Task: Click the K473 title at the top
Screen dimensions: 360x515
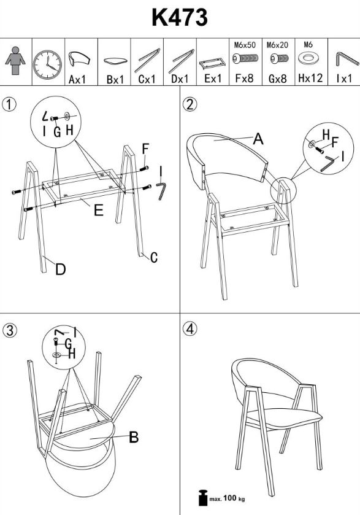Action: [x=180, y=17]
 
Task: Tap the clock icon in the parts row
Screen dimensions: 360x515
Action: [x=47, y=64]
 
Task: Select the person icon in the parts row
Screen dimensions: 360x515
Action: [x=15, y=61]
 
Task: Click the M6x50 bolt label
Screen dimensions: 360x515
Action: [x=245, y=45]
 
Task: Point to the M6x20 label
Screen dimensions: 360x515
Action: [x=277, y=45]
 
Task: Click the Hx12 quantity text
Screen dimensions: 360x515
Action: [x=310, y=78]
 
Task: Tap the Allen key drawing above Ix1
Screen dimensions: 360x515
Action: [x=347, y=59]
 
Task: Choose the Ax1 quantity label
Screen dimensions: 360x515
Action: [x=77, y=79]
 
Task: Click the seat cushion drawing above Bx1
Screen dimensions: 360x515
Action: [x=115, y=61]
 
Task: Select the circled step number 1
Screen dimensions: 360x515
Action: [x=9, y=104]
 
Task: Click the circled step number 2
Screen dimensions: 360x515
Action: [x=190, y=104]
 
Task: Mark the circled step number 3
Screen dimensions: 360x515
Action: [x=10, y=330]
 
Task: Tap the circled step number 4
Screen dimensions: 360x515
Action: [x=190, y=329]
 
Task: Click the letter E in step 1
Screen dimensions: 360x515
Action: [x=99, y=210]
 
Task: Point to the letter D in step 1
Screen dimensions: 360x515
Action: [x=60, y=269]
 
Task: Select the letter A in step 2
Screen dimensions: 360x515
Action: [x=258, y=139]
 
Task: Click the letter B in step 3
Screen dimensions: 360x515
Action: [x=134, y=437]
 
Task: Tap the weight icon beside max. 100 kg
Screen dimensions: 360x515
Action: [x=203, y=498]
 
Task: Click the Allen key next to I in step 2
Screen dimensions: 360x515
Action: [x=327, y=163]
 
